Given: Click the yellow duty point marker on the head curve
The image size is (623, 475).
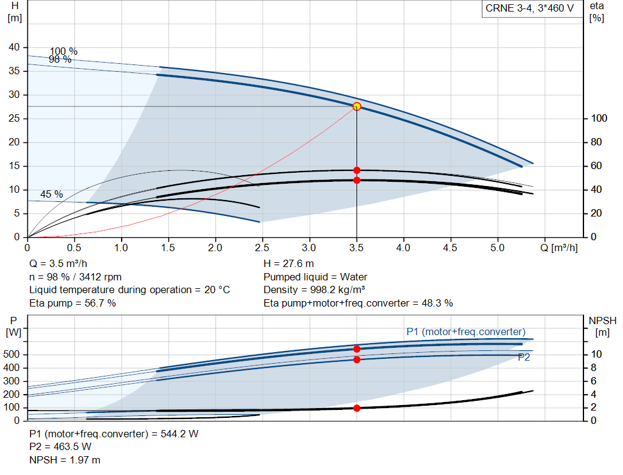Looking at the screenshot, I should [x=357, y=106].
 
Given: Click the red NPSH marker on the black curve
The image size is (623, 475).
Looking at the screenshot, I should [x=357, y=408].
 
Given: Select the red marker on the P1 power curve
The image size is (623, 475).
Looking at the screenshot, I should [x=357, y=349].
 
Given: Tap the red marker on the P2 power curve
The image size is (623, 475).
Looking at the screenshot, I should [x=357, y=359].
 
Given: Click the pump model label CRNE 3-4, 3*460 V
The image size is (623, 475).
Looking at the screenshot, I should [x=529, y=9].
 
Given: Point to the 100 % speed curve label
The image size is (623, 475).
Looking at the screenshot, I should [x=63, y=51].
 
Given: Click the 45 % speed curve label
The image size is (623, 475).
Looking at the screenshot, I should [x=52, y=195].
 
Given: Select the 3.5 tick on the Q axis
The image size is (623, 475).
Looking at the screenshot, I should [x=357, y=248].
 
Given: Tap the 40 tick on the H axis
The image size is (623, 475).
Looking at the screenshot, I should [x=14, y=47].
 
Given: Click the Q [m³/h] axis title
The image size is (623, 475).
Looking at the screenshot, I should [x=560, y=248].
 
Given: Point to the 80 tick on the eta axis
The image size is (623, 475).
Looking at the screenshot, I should [x=596, y=142].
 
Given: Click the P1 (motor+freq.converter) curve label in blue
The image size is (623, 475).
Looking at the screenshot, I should [x=465, y=331].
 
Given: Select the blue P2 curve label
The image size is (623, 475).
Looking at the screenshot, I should [x=524, y=358].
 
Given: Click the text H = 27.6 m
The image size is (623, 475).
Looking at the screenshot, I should [x=288, y=263].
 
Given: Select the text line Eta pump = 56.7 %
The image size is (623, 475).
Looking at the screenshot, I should [x=72, y=303].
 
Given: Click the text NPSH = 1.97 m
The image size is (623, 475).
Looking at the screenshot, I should [x=65, y=460].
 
